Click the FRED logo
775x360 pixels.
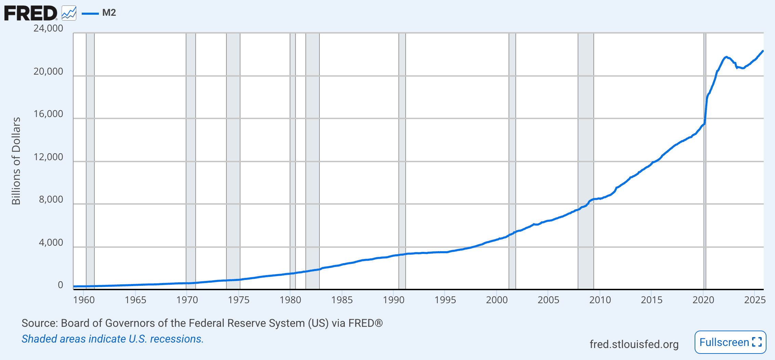coord(31,13)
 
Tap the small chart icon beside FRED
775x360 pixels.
coord(69,13)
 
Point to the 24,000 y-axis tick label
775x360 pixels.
coord(48,28)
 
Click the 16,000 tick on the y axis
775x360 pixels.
coord(48,114)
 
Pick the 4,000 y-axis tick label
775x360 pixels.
coord(51,242)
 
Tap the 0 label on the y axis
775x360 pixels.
coord(61,285)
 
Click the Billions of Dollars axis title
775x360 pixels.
coord(16,161)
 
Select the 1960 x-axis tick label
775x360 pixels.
coord(84,300)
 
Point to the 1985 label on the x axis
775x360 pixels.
coord(342,300)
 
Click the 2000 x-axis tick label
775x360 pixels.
coord(497,300)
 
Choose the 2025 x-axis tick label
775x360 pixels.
coord(754,300)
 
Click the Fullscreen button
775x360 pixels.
coord(730,342)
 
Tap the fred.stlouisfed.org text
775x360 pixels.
coord(634,344)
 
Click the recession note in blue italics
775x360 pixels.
coord(113,339)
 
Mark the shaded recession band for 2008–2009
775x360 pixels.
coord(586,161)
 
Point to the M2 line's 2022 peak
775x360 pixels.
coord(726,57)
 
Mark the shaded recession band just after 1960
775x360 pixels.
coord(90,161)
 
